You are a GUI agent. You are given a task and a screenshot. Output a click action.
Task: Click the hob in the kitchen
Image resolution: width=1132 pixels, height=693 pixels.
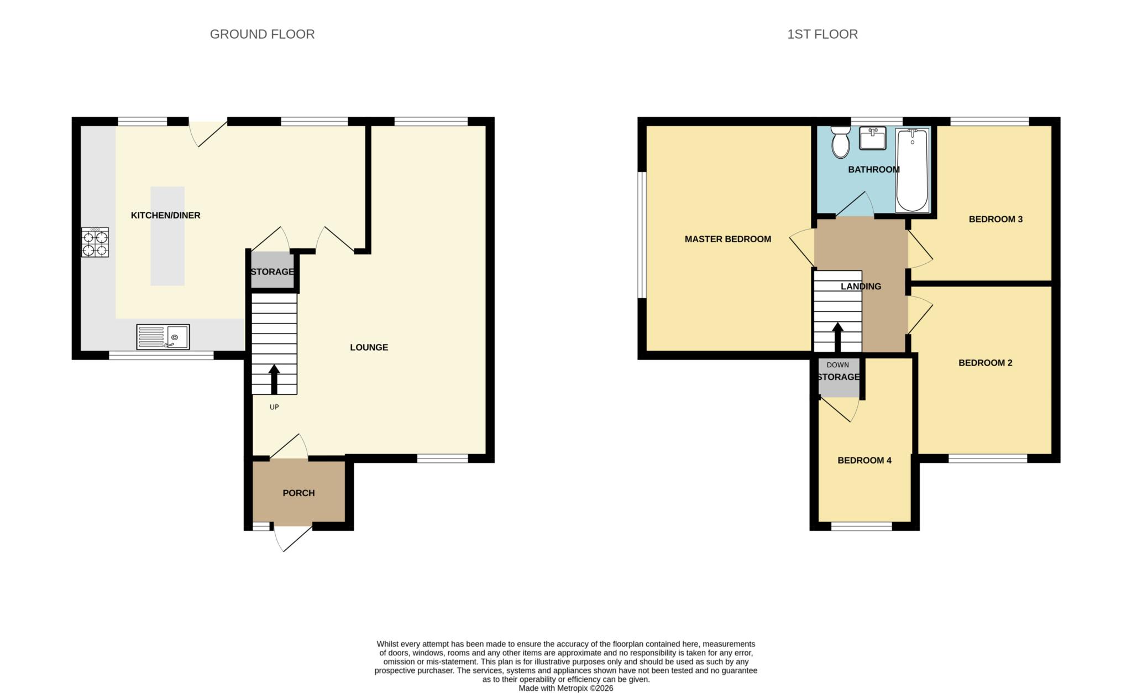(95, 242)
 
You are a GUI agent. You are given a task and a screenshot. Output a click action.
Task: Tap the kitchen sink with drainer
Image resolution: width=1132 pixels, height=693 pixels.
(163, 337)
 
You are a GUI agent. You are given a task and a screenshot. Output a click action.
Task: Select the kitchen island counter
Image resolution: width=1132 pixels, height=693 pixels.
(167, 236)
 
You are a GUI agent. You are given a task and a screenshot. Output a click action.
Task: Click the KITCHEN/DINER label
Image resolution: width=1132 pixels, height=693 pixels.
(165, 215)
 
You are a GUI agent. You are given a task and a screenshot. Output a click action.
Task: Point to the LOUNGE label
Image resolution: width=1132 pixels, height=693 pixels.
(369, 347)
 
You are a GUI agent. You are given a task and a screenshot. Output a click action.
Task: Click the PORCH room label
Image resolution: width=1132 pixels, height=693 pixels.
(298, 493)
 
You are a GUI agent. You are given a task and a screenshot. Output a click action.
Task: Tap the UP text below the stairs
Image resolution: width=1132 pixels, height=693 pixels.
(274, 407)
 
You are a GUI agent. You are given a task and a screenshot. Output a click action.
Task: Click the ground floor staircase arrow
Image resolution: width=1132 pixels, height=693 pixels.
(274, 379)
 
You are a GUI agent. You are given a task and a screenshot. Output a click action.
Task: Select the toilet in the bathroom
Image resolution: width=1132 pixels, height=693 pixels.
(841, 142)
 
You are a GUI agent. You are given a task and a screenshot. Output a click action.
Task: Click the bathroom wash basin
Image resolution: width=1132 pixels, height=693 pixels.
(873, 138)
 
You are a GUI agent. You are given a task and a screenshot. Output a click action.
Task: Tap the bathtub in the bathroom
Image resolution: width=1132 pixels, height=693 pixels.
(912, 170)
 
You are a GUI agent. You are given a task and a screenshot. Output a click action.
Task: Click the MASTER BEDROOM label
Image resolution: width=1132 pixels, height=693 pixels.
(727, 239)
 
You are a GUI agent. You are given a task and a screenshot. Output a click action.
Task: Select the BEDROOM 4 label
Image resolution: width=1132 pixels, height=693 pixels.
(864, 460)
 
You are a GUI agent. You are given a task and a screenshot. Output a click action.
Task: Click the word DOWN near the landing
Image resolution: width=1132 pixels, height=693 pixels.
(837, 365)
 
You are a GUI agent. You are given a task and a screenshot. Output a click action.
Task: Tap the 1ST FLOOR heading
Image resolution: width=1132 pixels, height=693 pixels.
(822, 34)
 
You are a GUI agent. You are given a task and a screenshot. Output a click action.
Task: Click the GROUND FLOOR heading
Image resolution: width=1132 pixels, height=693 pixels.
(262, 34)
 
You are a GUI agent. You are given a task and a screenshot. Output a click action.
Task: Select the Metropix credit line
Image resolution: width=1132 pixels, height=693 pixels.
(565, 689)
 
